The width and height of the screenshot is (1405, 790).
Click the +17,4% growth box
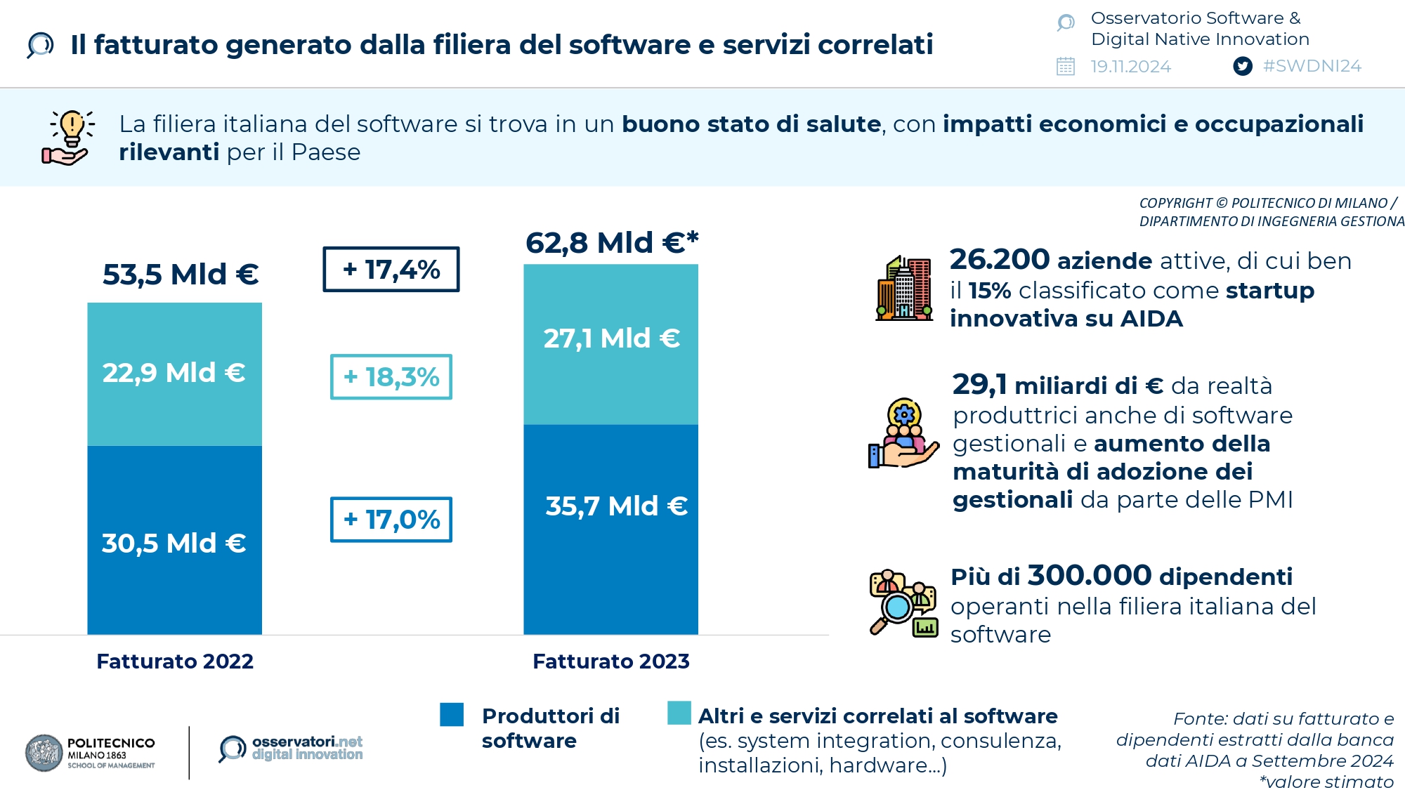tap(391, 269)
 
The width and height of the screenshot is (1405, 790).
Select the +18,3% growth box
tap(391, 377)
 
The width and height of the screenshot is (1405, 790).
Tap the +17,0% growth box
tap(391, 520)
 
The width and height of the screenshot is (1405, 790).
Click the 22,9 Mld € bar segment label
tap(174, 373)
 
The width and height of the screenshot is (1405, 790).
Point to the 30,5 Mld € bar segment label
tap(174, 544)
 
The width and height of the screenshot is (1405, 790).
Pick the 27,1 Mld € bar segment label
tap(611, 338)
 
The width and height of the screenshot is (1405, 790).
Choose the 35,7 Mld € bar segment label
tap(616, 506)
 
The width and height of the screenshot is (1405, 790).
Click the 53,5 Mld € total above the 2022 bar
tap(181, 275)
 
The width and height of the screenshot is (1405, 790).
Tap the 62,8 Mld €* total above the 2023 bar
tap(612, 243)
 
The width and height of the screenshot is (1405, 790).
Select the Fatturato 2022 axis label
tap(175, 661)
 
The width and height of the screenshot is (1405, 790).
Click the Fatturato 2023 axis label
tap(611, 661)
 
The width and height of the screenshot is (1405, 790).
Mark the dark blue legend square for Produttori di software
tap(452, 715)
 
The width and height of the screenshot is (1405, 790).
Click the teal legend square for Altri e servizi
tap(679, 713)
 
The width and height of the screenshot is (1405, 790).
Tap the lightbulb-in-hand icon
tap(69, 138)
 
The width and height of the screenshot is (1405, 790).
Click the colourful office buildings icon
tap(904, 289)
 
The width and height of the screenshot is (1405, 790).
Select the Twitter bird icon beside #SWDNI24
tap(1243, 67)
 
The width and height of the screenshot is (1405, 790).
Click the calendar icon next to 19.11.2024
tap(1066, 67)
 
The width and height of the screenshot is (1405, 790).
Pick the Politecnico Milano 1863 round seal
tap(44, 753)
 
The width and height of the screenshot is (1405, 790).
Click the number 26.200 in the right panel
tap(1000, 260)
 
